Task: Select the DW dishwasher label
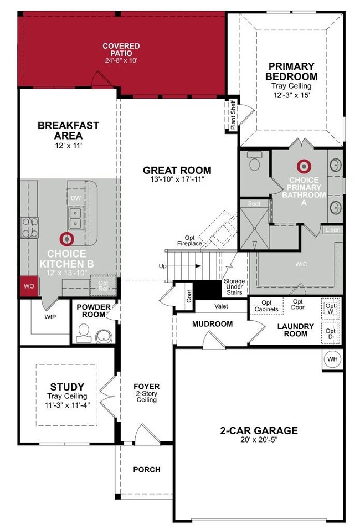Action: coord(76,197)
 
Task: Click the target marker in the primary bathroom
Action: coord(303,166)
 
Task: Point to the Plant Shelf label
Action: coord(233,115)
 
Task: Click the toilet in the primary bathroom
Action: coord(255,163)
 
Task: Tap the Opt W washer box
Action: coord(330,309)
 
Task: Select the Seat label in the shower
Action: coord(254,203)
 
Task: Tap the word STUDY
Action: coord(66,387)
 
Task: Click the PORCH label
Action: coord(147,470)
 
